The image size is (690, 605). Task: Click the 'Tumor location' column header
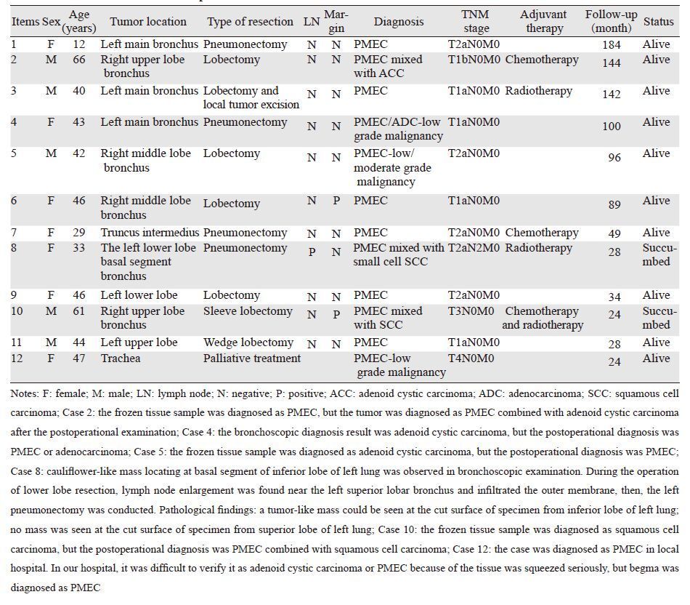coord(148,21)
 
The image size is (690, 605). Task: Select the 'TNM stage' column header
coord(476,21)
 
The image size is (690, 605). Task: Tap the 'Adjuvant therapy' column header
coord(543,21)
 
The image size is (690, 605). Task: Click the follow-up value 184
coord(612,45)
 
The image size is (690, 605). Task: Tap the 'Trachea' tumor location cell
coord(121,358)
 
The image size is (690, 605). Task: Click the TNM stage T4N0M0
coord(471,358)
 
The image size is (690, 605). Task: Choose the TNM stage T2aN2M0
coord(474,248)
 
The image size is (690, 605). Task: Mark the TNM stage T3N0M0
coord(471,311)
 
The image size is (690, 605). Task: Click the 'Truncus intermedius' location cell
coord(149,233)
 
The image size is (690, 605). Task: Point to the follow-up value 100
coord(612,127)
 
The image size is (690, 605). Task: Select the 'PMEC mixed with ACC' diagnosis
coord(388,66)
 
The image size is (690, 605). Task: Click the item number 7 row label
coord(14,233)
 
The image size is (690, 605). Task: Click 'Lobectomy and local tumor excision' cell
coord(251,97)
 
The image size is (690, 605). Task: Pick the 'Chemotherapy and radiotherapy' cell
coord(543,318)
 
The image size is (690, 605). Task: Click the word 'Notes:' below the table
coord(27,393)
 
